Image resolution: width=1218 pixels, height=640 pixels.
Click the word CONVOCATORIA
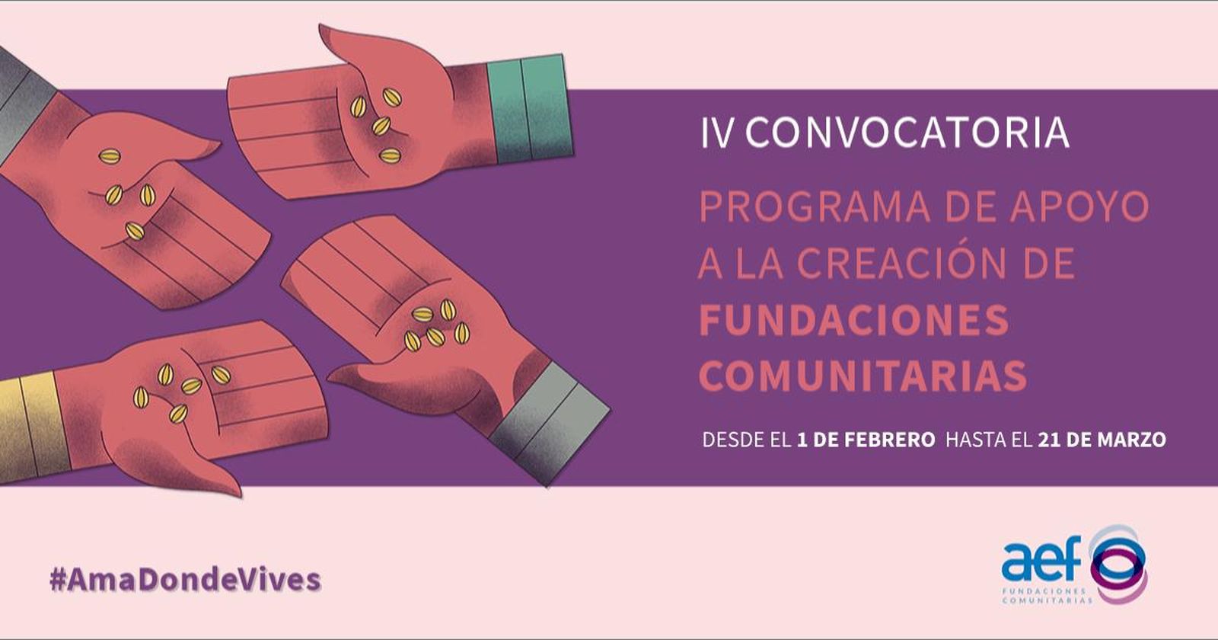[907, 133]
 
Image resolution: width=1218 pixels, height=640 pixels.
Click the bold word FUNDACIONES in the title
[853, 320]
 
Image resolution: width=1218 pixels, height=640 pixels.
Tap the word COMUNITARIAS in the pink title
[862, 376]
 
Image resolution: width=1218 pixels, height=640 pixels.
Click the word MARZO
[1131, 440]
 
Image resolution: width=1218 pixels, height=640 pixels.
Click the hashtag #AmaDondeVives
[185, 581]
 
